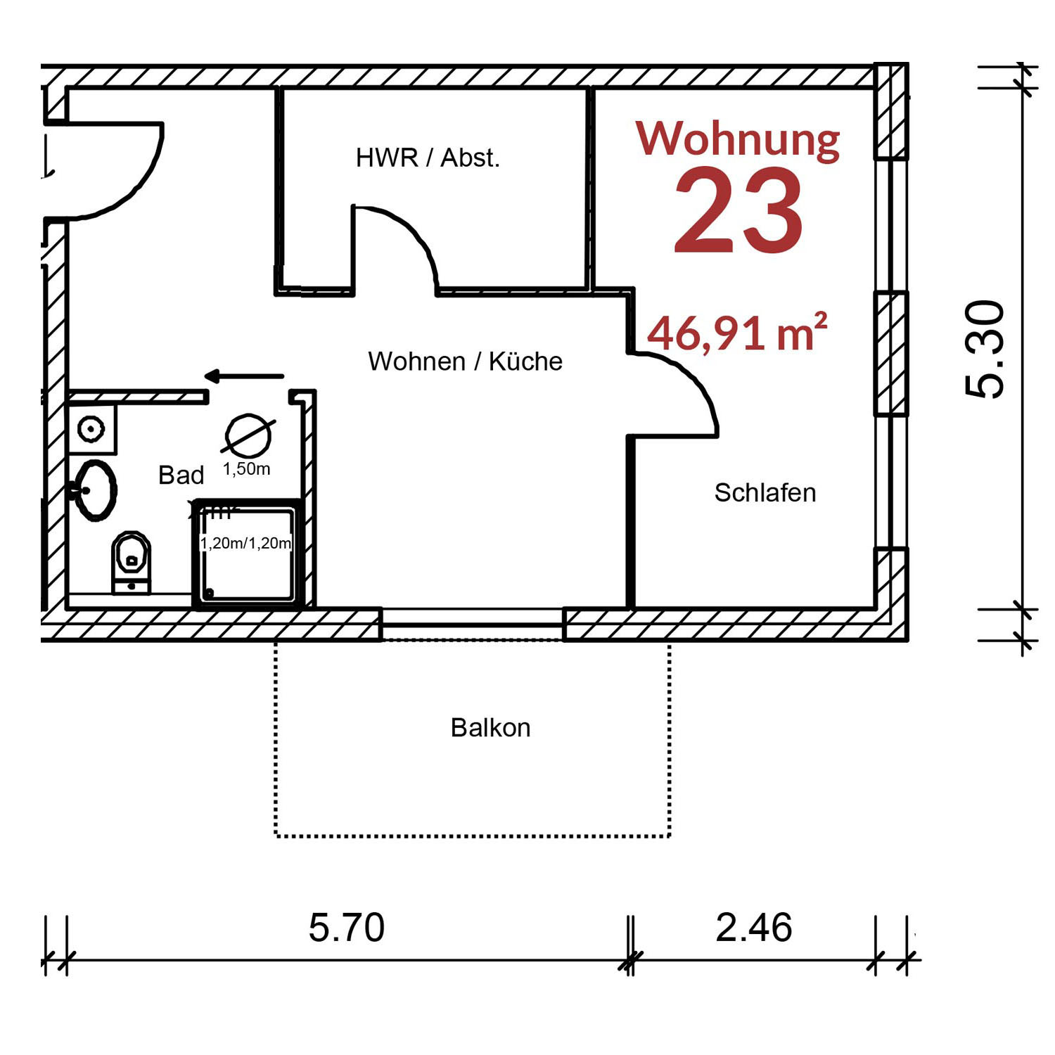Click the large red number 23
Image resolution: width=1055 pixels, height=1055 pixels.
tap(738, 211)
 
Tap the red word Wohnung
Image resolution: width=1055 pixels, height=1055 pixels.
tap(738, 139)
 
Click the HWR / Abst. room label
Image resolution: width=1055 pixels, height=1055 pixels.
tap(428, 158)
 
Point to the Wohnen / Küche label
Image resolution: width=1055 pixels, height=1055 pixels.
tap(465, 362)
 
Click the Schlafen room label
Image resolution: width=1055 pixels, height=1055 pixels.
tap(765, 493)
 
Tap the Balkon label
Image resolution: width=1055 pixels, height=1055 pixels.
tap(490, 727)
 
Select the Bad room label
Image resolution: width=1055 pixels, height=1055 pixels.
tap(181, 475)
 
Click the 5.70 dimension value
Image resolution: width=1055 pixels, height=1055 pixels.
tap(347, 927)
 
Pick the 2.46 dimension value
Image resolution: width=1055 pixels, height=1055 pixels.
tap(754, 927)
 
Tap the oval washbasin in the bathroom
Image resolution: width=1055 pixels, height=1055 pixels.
tap(95, 490)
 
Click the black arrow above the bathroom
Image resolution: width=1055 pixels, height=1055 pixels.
tap(244, 377)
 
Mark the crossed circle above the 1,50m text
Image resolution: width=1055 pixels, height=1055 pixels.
tap(248, 436)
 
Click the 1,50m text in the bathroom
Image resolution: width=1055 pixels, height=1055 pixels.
tap(246, 469)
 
